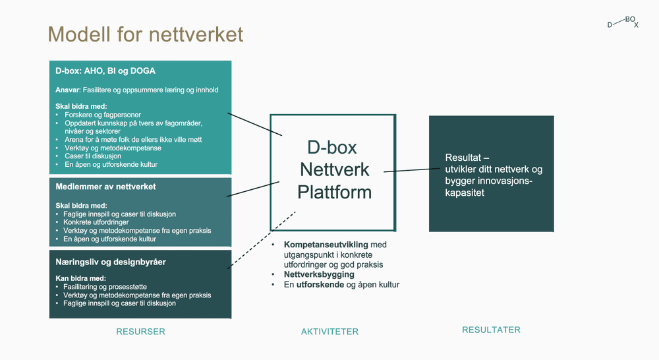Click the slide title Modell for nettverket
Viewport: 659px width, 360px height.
pos(146,34)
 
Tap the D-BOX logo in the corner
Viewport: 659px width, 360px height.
pos(623,23)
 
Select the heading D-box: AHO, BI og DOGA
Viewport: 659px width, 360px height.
pos(105,71)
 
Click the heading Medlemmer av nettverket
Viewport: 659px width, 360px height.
pos(105,187)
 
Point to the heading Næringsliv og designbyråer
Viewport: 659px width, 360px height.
pos(111,262)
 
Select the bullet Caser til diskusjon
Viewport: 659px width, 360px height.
pos(93,156)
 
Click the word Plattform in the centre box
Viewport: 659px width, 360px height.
pos(335,193)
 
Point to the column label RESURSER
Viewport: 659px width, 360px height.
pos(140,331)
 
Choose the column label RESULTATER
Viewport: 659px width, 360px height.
pos(491,330)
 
